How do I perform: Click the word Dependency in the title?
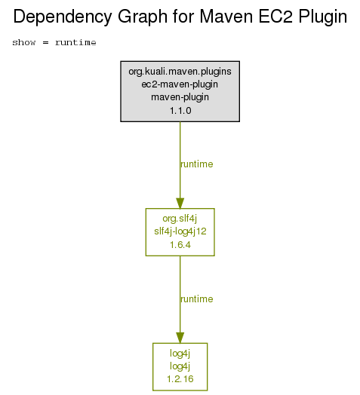[x=63, y=17]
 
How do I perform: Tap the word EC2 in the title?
[x=275, y=17]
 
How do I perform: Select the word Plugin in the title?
[x=323, y=17]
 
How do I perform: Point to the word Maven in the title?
[x=226, y=17]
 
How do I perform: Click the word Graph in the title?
[x=143, y=17]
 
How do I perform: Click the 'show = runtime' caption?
[x=54, y=42]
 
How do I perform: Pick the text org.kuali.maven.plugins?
[x=180, y=72]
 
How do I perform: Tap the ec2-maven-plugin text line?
[x=180, y=84]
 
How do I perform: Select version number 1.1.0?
[x=180, y=111]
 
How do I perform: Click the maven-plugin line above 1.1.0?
[x=180, y=97]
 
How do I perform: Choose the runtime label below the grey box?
[x=197, y=164]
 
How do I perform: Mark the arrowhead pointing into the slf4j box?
[x=180, y=204]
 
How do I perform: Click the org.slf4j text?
[x=180, y=219]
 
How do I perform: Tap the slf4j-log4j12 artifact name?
[x=180, y=231]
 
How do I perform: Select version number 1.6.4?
[x=180, y=245]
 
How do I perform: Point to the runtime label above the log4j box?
[x=197, y=299]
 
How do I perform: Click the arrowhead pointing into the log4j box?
[x=180, y=338]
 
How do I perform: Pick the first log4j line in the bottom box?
[x=180, y=354]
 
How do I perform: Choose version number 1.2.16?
[x=180, y=379]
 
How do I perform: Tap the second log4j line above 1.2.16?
[x=180, y=366]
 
